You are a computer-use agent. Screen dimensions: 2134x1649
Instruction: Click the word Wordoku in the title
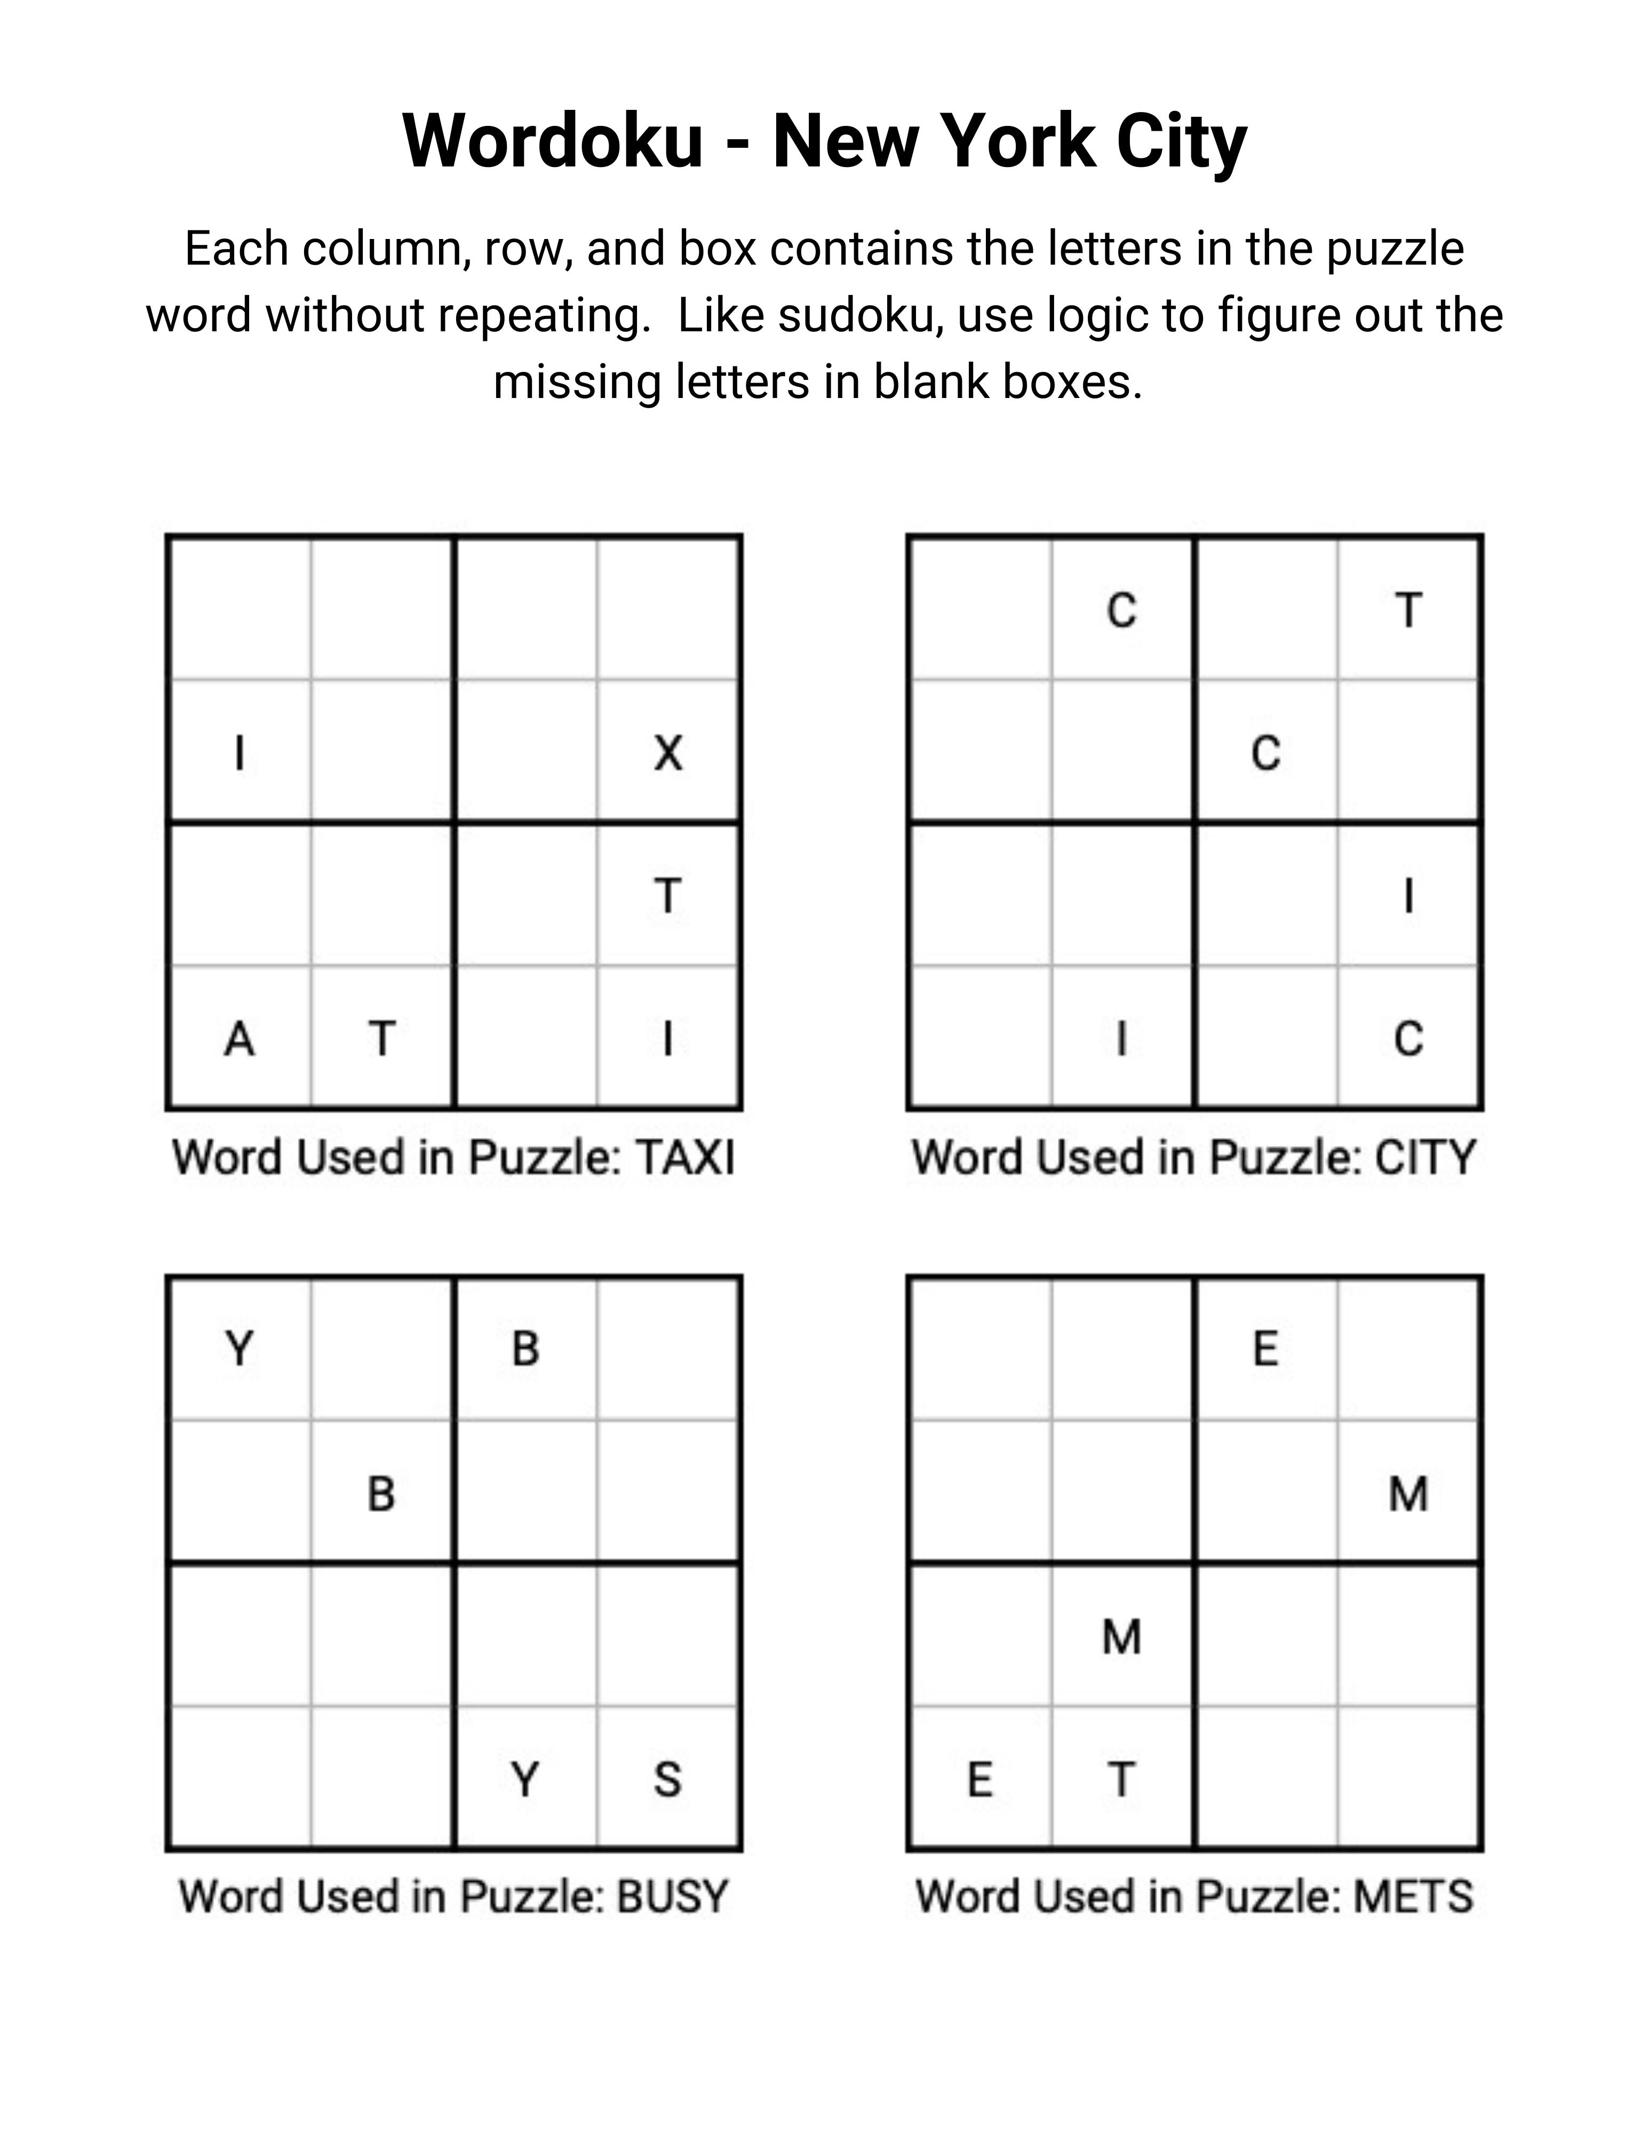(x=552, y=142)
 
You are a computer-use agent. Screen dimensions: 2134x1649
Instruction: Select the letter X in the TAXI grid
(x=668, y=753)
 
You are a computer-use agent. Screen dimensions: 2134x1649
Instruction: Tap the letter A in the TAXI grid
(x=240, y=1039)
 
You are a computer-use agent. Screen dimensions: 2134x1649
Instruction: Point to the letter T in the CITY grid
(x=1408, y=611)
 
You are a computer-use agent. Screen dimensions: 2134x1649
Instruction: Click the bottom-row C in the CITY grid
(x=1408, y=1039)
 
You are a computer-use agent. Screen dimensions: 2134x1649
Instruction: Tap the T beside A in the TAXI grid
(x=382, y=1039)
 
